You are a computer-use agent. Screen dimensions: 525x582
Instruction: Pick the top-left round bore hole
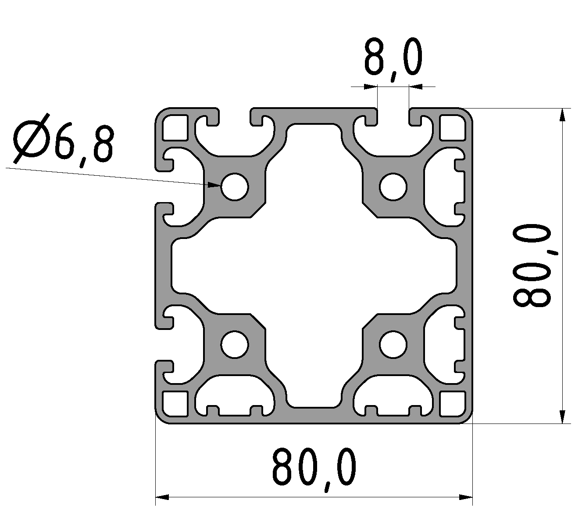pyautogui.click(x=235, y=187)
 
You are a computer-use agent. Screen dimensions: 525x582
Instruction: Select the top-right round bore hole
pyautogui.click(x=393, y=187)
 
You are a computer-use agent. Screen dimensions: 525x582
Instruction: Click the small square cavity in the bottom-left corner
pyautogui.click(x=175, y=404)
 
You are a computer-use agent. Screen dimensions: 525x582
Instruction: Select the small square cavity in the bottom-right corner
pyautogui.click(x=453, y=404)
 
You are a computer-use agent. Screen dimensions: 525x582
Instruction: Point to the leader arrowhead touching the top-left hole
pyautogui.click(x=215, y=185)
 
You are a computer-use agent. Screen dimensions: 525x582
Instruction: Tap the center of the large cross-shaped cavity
pyautogui.click(x=314, y=266)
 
